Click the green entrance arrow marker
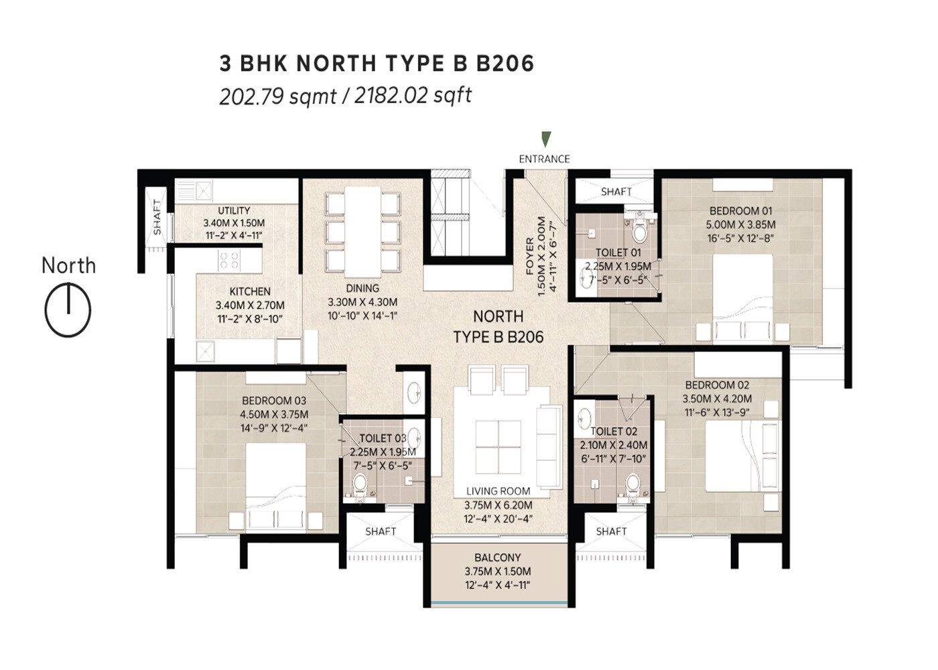547,139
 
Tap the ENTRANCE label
544,159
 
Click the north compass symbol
68,310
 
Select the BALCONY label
497,557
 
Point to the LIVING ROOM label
498,491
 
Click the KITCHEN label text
250,291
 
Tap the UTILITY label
234,210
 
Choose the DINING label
362,288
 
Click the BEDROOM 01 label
740,210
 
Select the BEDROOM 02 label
717,385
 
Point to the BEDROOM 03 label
274,401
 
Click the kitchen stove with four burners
229,260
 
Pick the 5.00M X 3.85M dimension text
740,224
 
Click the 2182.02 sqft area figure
412,95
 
